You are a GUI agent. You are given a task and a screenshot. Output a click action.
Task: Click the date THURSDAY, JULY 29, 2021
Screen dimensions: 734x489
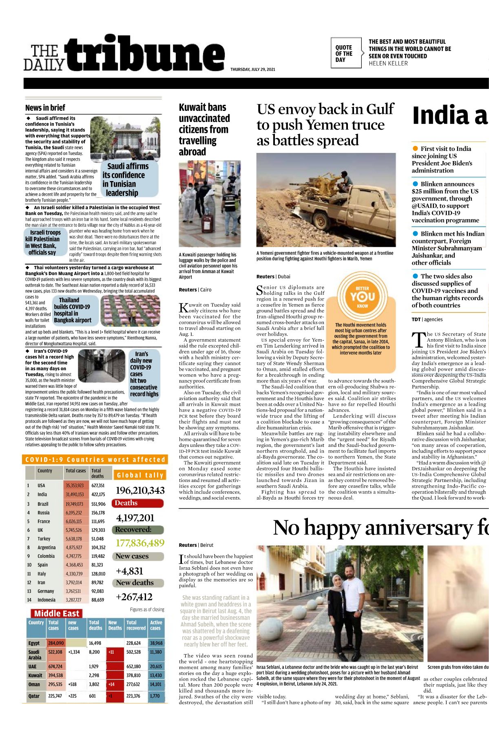[252, 69]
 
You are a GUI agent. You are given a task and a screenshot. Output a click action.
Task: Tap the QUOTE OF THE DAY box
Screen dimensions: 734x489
[345, 53]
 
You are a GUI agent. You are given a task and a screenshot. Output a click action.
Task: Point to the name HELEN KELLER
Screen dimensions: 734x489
[388, 64]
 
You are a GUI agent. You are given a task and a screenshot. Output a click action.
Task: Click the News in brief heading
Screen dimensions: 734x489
[45, 108]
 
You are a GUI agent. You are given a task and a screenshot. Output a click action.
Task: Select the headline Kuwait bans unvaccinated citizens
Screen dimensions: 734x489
[204, 129]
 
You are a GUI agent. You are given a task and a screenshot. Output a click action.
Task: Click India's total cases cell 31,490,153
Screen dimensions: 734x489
[75, 494]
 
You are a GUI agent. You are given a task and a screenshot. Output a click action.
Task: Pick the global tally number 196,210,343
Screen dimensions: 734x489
[140, 490]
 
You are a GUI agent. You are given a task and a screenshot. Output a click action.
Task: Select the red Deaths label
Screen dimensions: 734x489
[139, 503]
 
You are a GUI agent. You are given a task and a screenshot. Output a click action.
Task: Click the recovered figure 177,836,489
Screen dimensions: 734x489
[140, 543]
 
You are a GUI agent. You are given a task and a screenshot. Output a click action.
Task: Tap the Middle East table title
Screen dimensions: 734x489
[57, 613]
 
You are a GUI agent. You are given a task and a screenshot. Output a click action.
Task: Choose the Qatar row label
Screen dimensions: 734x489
[34, 696]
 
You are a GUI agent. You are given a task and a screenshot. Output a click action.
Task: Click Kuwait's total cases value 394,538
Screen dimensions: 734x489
[55, 675]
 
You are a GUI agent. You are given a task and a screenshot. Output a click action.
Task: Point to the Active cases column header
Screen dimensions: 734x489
[156, 625]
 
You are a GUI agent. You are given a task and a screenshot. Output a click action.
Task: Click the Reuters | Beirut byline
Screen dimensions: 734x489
[196, 545]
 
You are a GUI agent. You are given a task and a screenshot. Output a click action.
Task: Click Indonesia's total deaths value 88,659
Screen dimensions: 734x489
[98, 600]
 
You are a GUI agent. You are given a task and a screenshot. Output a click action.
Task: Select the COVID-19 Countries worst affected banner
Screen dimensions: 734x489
[95, 460]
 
